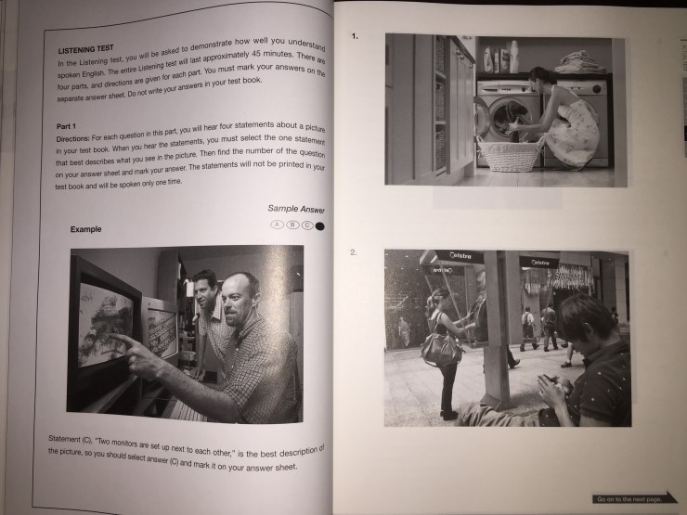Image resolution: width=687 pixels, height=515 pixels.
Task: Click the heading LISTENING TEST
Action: coord(85,49)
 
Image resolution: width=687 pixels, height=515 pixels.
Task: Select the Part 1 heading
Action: coord(66,126)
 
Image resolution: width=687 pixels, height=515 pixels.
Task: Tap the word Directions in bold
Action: coord(72,138)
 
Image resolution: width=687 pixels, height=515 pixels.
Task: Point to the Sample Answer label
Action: coord(296,209)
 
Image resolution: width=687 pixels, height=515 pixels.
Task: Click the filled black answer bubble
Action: coord(320,226)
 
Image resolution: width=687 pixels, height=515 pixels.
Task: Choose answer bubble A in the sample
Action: coord(277,225)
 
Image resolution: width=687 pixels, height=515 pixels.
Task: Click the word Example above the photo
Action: coord(85,229)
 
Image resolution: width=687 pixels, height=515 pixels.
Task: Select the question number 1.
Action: coord(355,36)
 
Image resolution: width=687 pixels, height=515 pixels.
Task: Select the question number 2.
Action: coord(354,251)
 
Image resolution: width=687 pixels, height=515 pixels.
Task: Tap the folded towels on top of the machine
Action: coord(579,62)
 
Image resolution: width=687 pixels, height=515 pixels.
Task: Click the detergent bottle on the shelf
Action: coord(514,57)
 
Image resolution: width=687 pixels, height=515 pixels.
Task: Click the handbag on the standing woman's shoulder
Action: coord(441,348)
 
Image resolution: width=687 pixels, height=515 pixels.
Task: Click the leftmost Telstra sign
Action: coord(460,256)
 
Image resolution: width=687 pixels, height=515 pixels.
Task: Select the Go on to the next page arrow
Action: coord(634,498)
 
